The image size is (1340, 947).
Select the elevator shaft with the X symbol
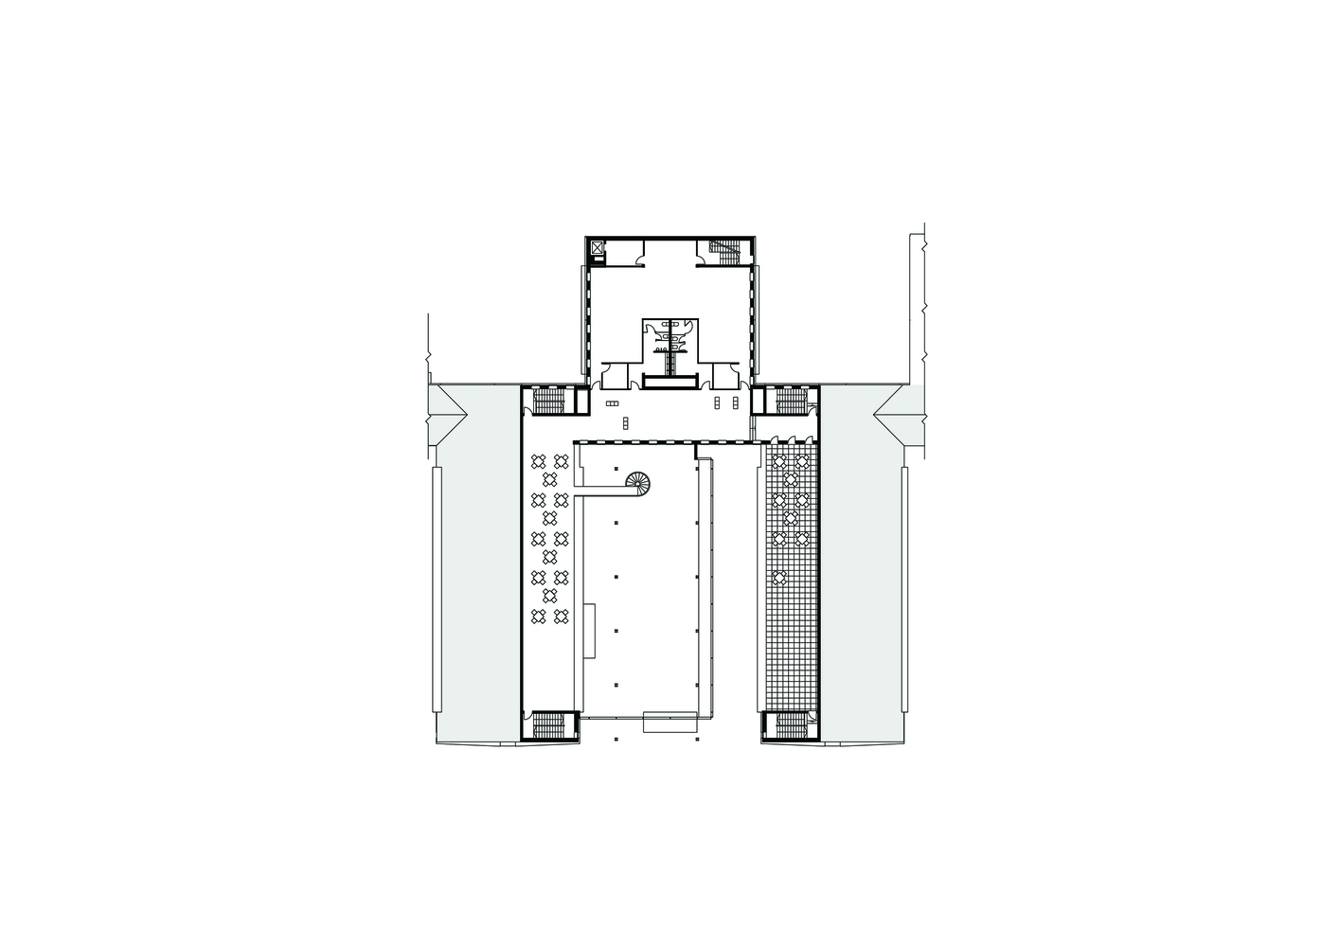pos(597,248)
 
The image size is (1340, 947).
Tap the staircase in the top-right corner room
pos(726,252)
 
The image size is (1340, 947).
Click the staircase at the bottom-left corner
pos(549,725)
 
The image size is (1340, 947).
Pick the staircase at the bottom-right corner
pos(790,725)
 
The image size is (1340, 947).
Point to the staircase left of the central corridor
pos(549,402)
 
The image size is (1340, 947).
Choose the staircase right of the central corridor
pos(790,402)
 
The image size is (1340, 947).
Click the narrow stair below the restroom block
pos(670,362)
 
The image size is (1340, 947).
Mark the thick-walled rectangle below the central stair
pos(670,381)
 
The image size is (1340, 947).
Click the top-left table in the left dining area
pos(539,461)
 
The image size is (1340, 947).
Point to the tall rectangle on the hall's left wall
pos(590,631)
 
